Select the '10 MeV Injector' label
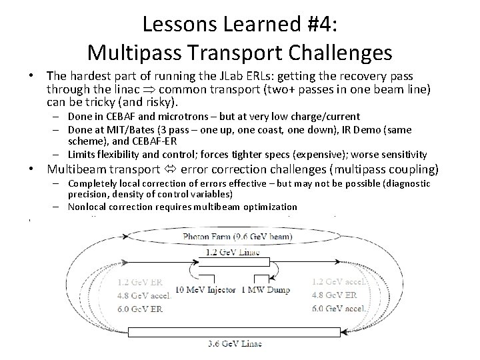coord(205,290)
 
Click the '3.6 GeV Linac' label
coord(235,343)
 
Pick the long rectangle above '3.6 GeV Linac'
coord(241,331)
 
